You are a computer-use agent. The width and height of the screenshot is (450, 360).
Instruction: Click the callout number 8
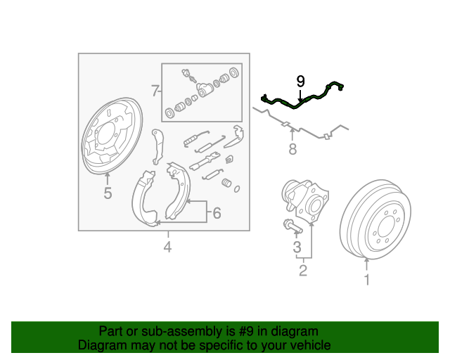point(292,149)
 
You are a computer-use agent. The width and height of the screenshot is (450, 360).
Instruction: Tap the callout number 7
point(154,90)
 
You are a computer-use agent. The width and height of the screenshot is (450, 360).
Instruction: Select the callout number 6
point(217,212)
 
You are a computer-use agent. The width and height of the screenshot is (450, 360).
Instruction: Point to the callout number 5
point(108,193)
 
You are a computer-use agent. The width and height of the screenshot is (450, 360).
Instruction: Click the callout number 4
point(167,246)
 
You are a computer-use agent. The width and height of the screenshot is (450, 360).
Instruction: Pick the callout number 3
point(297,247)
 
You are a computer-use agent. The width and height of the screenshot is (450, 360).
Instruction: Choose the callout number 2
point(303,270)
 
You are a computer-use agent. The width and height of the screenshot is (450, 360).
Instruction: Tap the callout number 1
point(366,281)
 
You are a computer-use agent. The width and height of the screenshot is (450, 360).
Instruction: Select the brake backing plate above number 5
point(108,137)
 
